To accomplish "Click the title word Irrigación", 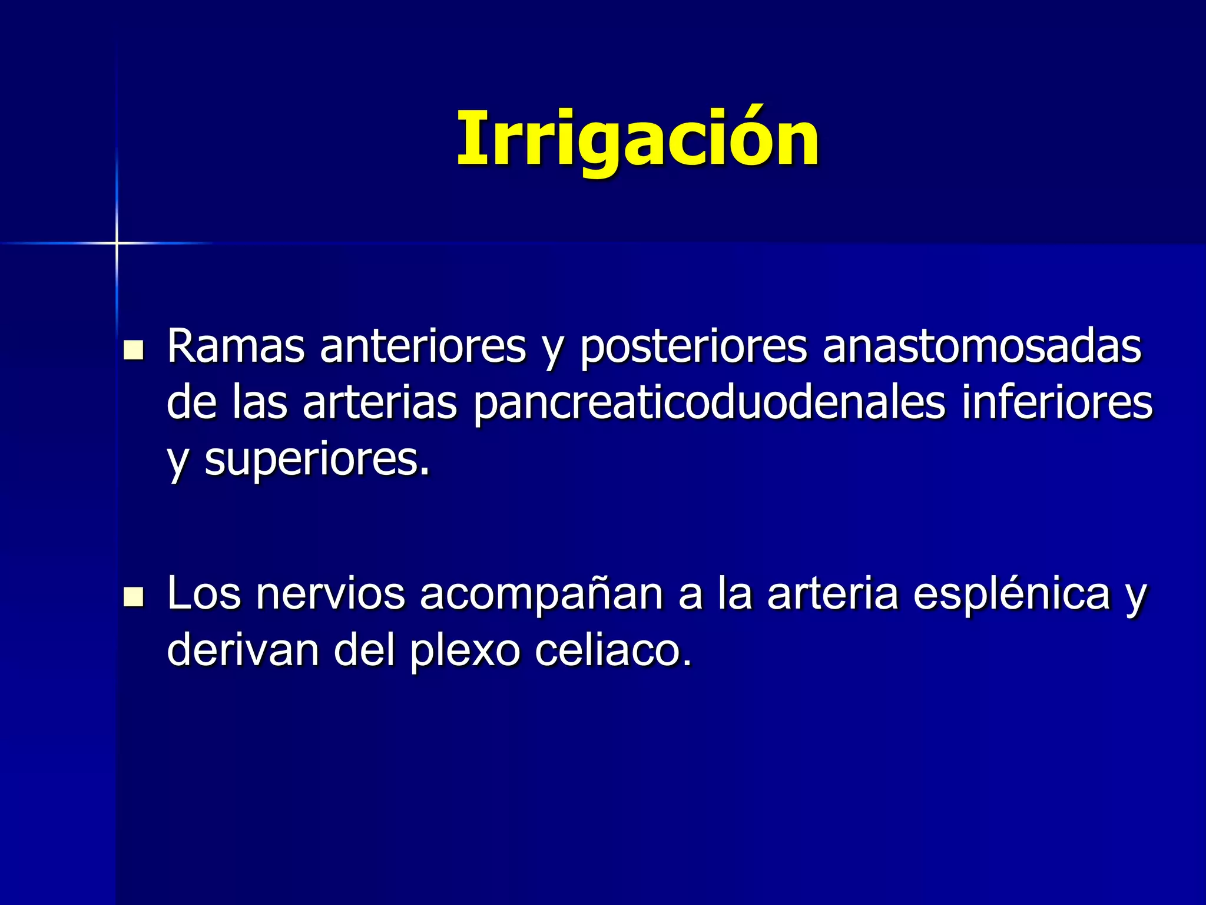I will [x=638, y=140].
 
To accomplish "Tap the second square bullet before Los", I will [x=134, y=597].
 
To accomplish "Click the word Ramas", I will [x=236, y=346].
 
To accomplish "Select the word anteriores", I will [x=422, y=346].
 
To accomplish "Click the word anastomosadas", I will [x=982, y=346].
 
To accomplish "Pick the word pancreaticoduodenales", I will [x=709, y=404].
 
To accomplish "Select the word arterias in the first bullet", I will [x=380, y=403].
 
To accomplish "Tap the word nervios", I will [x=330, y=593].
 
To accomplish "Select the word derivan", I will [x=242, y=650].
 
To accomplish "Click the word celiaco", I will [x=613, y=650].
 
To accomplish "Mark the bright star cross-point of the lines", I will [x=117, y=243].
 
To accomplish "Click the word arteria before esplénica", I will [x=832, y=594].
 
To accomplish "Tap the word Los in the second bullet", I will [x=204, y=593].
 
